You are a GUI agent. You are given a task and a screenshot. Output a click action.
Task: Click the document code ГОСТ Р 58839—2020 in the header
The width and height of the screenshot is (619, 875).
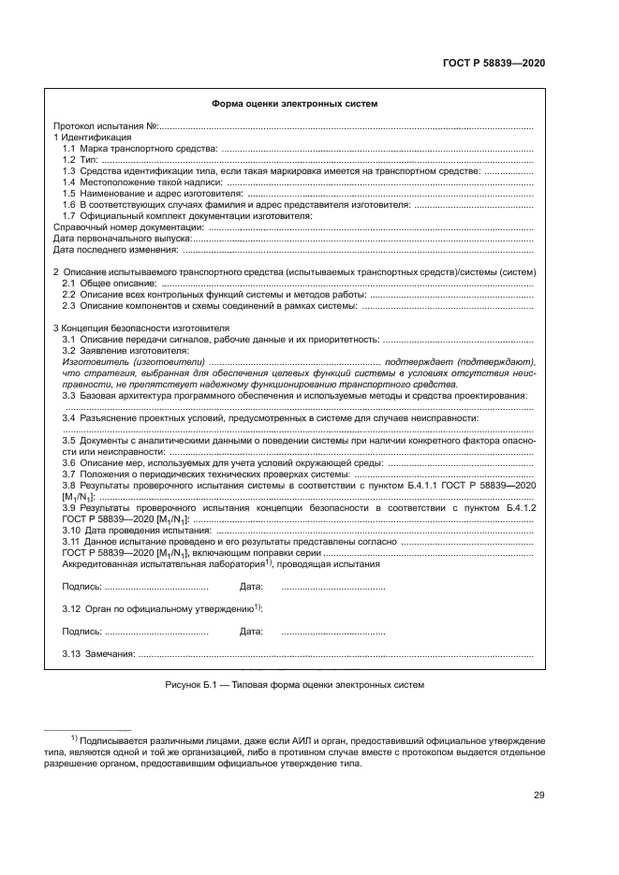point(494,62)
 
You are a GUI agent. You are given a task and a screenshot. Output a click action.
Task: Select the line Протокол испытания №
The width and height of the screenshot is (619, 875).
point(105,125)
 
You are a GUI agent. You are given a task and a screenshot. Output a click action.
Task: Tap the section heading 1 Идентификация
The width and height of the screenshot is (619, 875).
point(92,138)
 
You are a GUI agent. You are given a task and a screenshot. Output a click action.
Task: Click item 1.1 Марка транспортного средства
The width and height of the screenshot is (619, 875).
point(139,149)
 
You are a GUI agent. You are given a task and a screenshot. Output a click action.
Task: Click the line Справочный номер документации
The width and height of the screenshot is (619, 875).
point(127,227)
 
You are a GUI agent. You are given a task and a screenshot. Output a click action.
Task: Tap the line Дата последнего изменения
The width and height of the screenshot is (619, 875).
point(115,250)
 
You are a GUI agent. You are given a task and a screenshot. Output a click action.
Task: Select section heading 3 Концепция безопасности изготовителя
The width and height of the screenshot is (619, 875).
point(140,328)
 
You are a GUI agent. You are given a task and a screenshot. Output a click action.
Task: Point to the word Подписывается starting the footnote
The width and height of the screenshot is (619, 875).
point(114,739)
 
